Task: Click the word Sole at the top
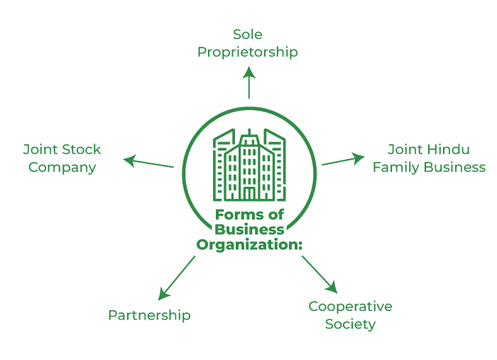tap(247, 33)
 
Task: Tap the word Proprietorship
tap(247, 53)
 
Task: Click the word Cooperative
tap(350, 306)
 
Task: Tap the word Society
tap(350, 324)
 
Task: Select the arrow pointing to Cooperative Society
tap(319, 274)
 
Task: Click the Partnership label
tap(149, 315)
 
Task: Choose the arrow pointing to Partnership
tap(176, 278)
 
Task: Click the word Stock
tap(81, 150)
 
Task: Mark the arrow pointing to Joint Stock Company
tap(148, 163)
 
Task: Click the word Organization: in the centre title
tap(249, 244)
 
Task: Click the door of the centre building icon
tap(248, 193)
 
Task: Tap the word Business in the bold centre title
tap(249, 229)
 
